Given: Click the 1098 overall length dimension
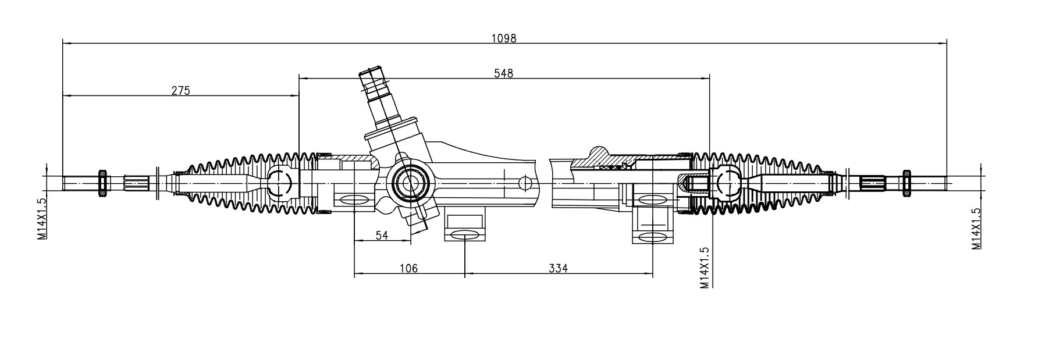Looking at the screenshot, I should pyautogui.click(x=503, y=38).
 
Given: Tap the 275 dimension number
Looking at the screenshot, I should pyautogui.click(x=180, y=90).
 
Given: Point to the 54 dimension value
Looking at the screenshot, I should pyautogui.click(x=382, y=236).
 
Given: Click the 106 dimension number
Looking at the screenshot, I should pyautogui.click(x=408, y=268).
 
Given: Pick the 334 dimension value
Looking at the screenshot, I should pyautogui.click(x=557, y=268).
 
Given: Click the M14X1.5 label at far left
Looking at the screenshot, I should pyautogui.click(x=42, y=218).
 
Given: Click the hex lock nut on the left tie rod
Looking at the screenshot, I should pyautogui.click(x=103, y=182).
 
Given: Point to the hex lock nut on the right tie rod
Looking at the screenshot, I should pyautogui.click(x=905, y=182).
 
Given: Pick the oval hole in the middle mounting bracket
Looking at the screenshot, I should pyautogui.click(x=464, y=234).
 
